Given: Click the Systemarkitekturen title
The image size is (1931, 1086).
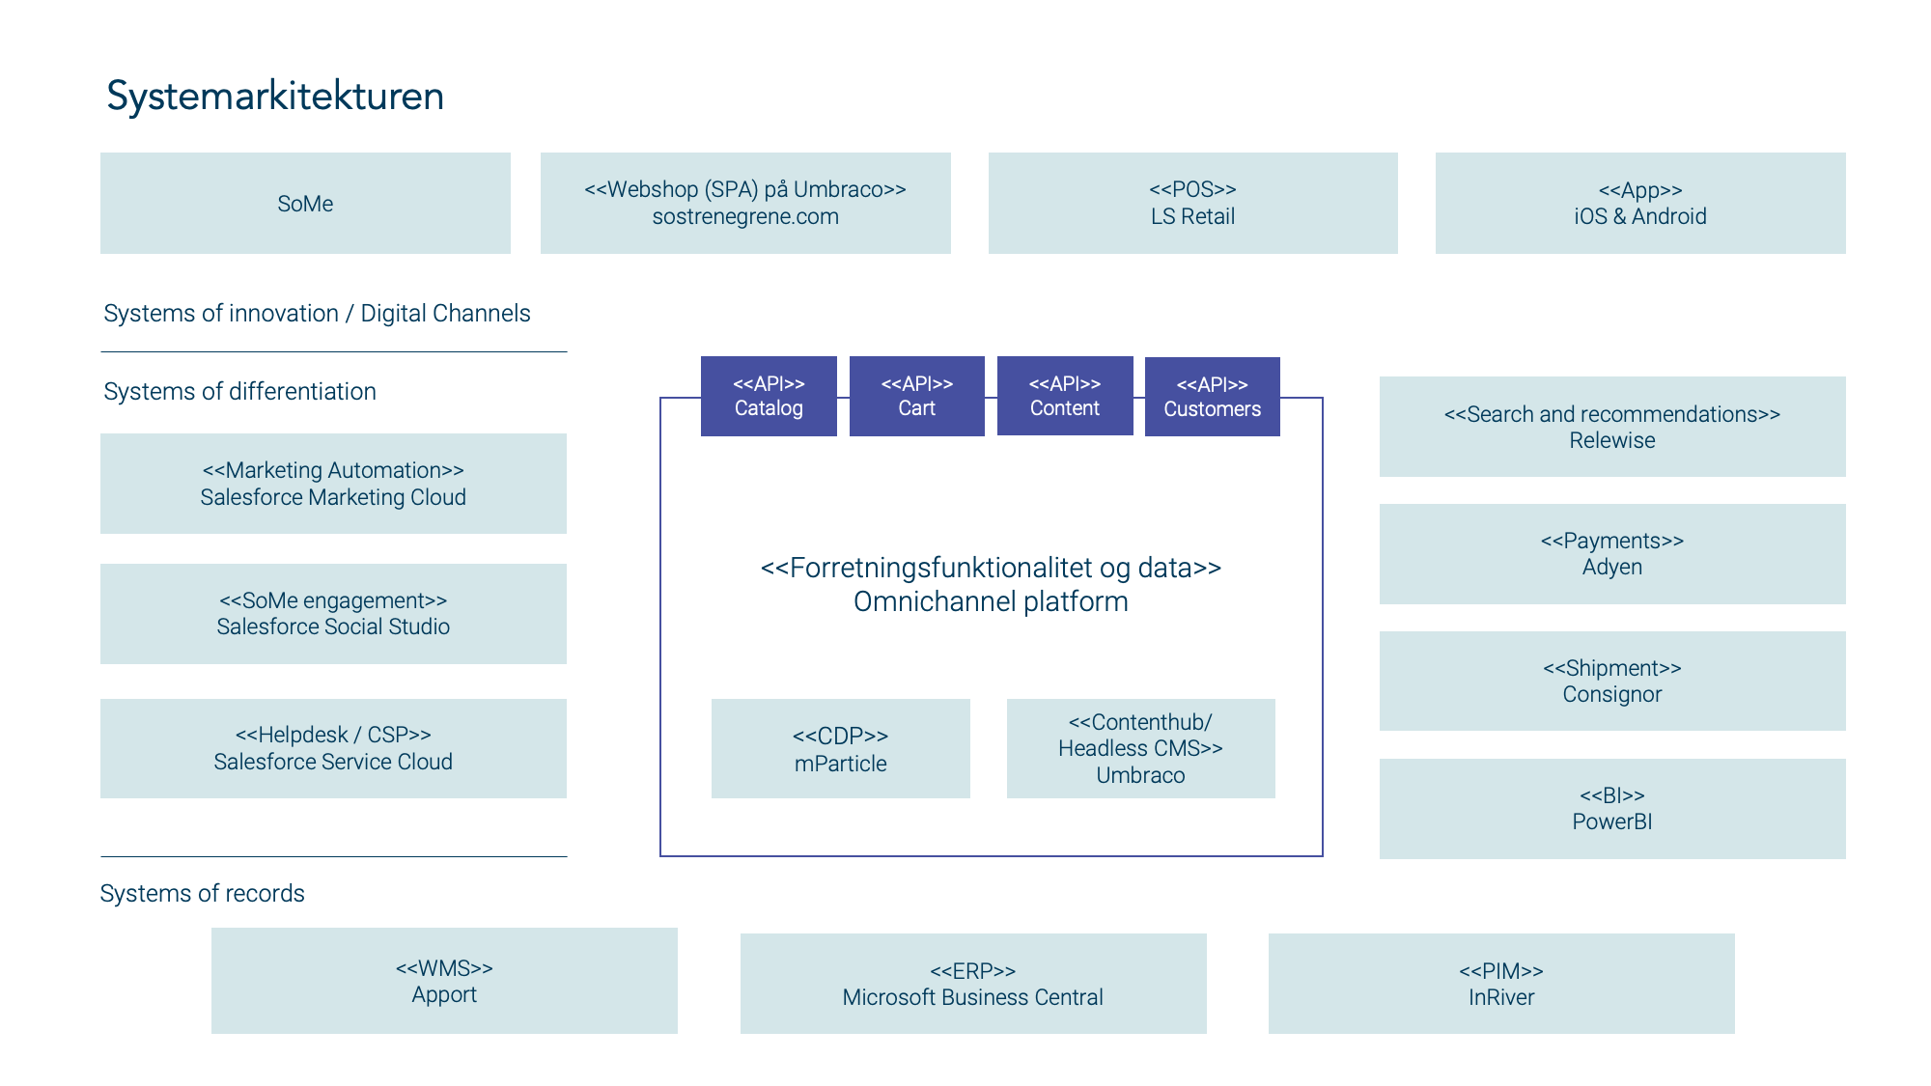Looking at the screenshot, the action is [x=275, y=97].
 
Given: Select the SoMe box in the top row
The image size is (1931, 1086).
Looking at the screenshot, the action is [x=305, y=203].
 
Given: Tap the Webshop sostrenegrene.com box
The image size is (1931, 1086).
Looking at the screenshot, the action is [x=745, y=203].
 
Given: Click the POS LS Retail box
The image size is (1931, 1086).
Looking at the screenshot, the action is [x=1192, y=203].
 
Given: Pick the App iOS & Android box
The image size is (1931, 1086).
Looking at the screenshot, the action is [x=1640, y=203].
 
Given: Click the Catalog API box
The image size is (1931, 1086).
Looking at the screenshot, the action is [x=769, y=396].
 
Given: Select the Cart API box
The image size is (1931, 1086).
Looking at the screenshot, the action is [x=917, y=396].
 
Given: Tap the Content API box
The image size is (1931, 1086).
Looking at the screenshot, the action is [x=1065, y=396].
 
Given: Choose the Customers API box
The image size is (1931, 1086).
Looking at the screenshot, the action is [x=1213, y=397].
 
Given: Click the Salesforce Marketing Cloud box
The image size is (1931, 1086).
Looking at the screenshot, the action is [x=333, y=484].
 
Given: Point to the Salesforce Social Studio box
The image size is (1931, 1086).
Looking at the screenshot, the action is [x=333, y=614].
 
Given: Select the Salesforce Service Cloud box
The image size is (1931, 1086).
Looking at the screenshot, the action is [x=333, y=748].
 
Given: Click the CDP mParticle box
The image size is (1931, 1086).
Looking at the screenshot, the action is [x=841, y=748].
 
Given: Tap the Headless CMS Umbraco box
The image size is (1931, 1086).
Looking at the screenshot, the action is [x=1141, y=748].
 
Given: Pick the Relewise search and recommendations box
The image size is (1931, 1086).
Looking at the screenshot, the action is [x=1612, y=427].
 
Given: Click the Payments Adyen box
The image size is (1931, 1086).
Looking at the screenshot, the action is [x=1612, y=554].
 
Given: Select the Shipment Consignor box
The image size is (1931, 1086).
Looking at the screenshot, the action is [x=1612, y=681].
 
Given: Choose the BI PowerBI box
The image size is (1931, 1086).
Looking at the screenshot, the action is [x=1612, y=809].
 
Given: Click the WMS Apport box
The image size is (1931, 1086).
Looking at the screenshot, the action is [x=444, y=981].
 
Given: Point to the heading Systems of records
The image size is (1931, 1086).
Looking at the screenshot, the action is [x=203, y=893].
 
